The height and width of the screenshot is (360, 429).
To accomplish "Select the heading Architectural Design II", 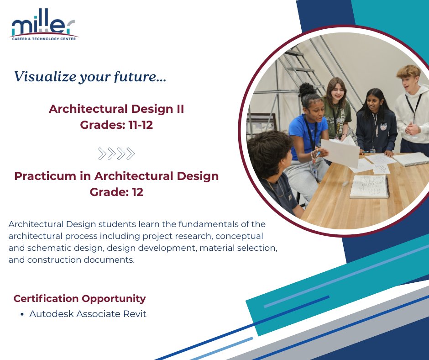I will pyautogui.click(x=116, y=109).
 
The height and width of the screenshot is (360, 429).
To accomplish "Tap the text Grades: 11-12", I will pyautogui.click(x=116, y=125).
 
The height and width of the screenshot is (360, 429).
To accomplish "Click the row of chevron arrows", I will pyautogui.click(x=116, y=154).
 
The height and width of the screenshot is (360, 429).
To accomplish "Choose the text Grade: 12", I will pyautogui.click(x=116, y=192).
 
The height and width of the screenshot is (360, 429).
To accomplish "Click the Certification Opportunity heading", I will pyautogui.click(x=79, y=298).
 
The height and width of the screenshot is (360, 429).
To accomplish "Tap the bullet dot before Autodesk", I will pyautogui.click(x=22, y=314).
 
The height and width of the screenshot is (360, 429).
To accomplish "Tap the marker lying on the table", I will pyautogui.click(x=346, y=183).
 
